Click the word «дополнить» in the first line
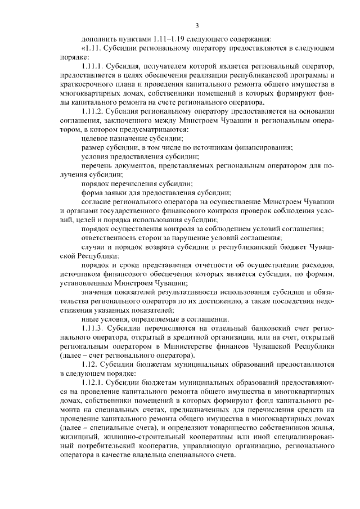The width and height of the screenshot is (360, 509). pos(98,39)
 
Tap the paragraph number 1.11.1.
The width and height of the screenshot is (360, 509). pos(94,66)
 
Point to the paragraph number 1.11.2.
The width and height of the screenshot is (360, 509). pos(95,111)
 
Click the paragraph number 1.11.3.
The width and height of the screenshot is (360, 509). pos(95,327)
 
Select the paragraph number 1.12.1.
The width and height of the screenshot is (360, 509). pos(95,382)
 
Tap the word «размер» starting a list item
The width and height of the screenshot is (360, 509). pos(94,147)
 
